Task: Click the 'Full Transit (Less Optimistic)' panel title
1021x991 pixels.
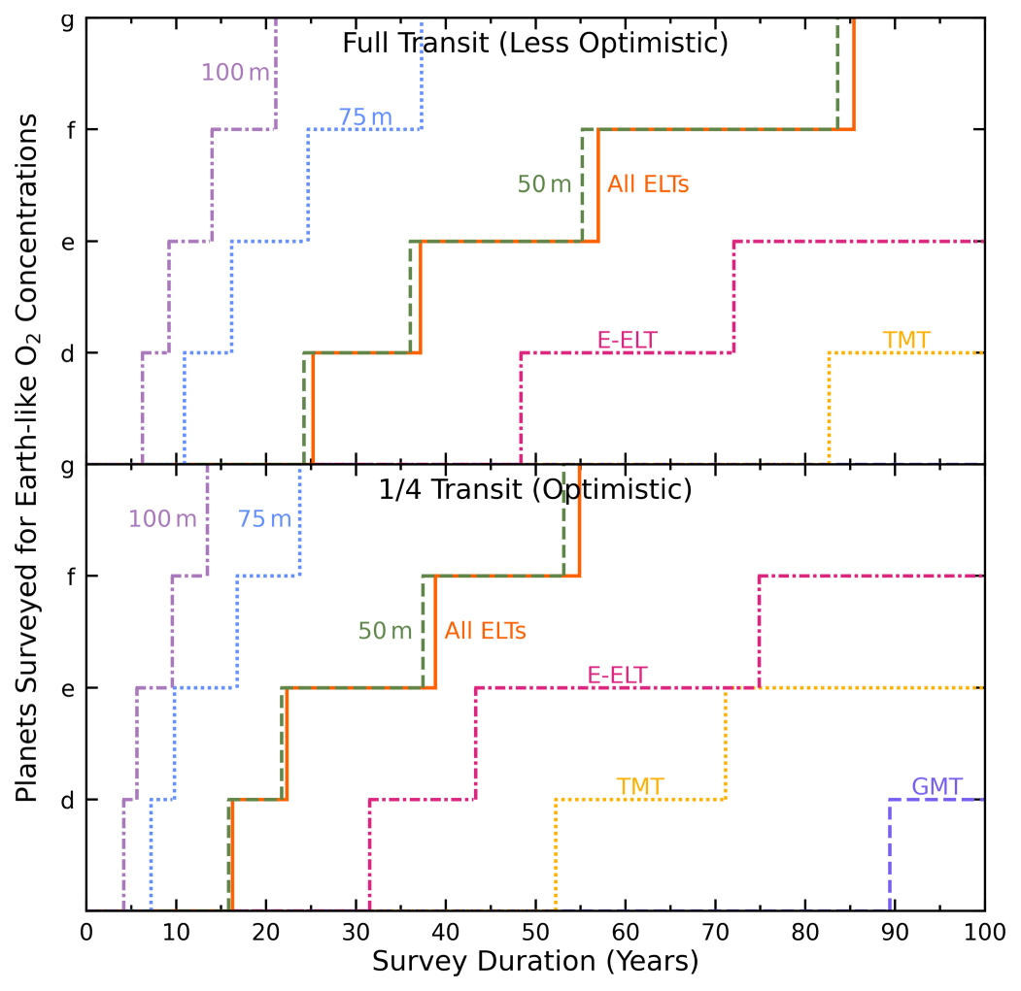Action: pyautogui.click(x=535, y=44)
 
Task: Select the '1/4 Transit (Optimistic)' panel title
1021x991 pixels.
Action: pyautogui.click(x=535, y=490)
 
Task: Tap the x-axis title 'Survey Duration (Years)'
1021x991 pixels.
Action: pyautogui.click(x=535, y=962)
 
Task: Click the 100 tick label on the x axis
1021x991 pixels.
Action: pyautogui.click(x=983, y=932)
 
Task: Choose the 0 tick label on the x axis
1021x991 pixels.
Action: pyautogui.click(x=86, y=932)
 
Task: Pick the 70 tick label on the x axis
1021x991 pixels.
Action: pyautogui.click(x=715, y=932)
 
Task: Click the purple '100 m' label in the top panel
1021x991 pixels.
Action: pyautogui.click(x=235, y=73)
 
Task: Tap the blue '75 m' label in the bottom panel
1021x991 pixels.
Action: pyautogui.click(x=264, y=519)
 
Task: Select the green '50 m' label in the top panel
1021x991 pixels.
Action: pyautogui.click(x=544, y=184)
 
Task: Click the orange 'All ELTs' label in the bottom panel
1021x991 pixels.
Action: pyautogui.click(x=486, y=631)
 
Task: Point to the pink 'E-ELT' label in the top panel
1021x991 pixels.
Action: pyautogui.click(x=628, y=340)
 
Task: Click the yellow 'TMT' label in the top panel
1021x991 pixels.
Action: pyautogui.click(x=906, y=340)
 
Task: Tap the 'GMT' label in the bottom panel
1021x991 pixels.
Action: pyautogui.click(x=936, y=786)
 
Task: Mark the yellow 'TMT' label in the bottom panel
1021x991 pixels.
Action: pyautogui.click(x=639, y=786)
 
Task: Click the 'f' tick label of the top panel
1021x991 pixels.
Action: pyautogui.click(x=67, y=129)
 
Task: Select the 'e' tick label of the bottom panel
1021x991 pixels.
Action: pyautogui.click(x=67, y=687)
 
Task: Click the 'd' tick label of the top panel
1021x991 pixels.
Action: pyautogui.click(x=67, y=352)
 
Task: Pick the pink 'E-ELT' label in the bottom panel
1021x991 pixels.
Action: pyautogui.click(x=617, y=675)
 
